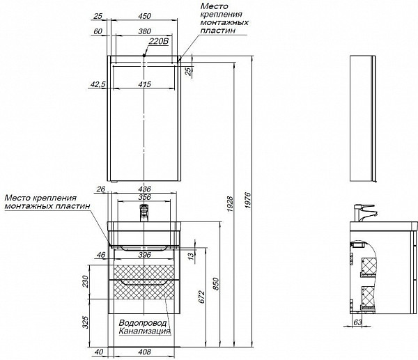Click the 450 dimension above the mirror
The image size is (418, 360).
pos(144,15)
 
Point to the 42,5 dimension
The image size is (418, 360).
pos(98,84)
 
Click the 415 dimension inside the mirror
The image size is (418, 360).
pos(144,84)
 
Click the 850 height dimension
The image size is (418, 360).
pos(217,284)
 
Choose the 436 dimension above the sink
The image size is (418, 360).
pos(144,189)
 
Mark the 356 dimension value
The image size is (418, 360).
pos(144,198)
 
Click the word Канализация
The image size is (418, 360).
pos(144,331)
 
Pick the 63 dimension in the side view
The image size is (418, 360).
pos(357,322)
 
